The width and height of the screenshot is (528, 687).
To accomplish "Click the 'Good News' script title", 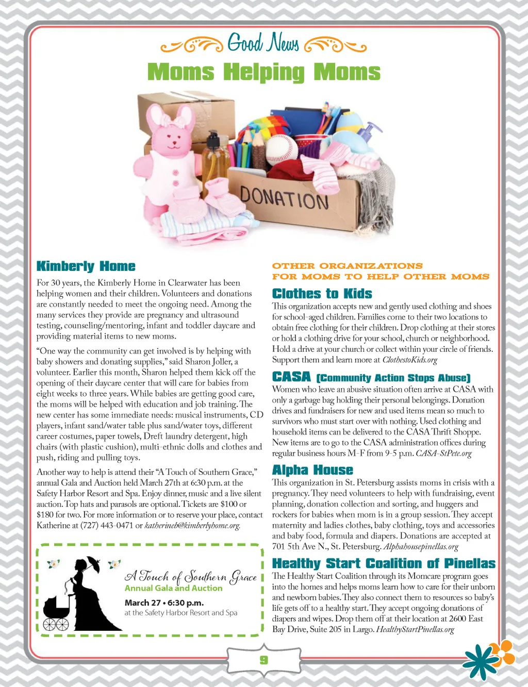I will (263, 43).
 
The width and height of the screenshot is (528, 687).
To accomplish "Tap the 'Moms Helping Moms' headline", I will (263, 72).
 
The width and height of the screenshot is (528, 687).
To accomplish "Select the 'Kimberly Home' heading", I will (86, 266).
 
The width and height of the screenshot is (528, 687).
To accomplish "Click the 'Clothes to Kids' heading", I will (322, 294).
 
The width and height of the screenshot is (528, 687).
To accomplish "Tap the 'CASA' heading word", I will (291, 377).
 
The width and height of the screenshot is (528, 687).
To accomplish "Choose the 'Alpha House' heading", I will (312, 470).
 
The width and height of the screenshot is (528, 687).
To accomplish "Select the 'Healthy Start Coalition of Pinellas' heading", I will (384, 563).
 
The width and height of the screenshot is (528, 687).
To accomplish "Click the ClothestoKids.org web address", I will (409, 360).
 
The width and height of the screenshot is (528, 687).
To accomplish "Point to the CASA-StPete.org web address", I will (443, 453).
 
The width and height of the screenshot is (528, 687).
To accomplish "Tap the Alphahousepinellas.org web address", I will (421, 546).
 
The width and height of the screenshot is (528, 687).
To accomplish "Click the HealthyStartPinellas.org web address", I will (415, 629).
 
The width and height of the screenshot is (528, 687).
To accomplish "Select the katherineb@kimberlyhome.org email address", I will (192, 525).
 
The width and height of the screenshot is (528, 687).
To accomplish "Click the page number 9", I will (263, 660).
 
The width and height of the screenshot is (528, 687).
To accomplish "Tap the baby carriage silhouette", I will (57, 612).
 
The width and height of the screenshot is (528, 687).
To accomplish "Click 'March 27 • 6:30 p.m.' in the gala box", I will (164, 603).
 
